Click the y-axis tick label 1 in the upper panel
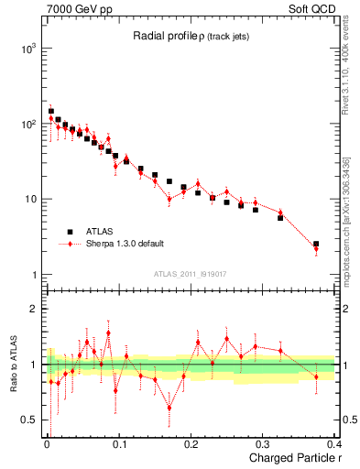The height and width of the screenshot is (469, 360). [x=31, y=275]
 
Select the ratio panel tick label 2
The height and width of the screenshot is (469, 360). [x=31, y=309]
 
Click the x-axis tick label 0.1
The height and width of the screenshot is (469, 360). [x=118, y=443]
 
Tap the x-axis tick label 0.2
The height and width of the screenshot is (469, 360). [x=191, y=443]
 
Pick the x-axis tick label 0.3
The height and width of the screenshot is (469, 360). [x=264, y=443]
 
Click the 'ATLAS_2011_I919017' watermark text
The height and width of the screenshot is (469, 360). [x=191, y=273]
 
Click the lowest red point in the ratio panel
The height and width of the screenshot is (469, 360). [x=169, y=409]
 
